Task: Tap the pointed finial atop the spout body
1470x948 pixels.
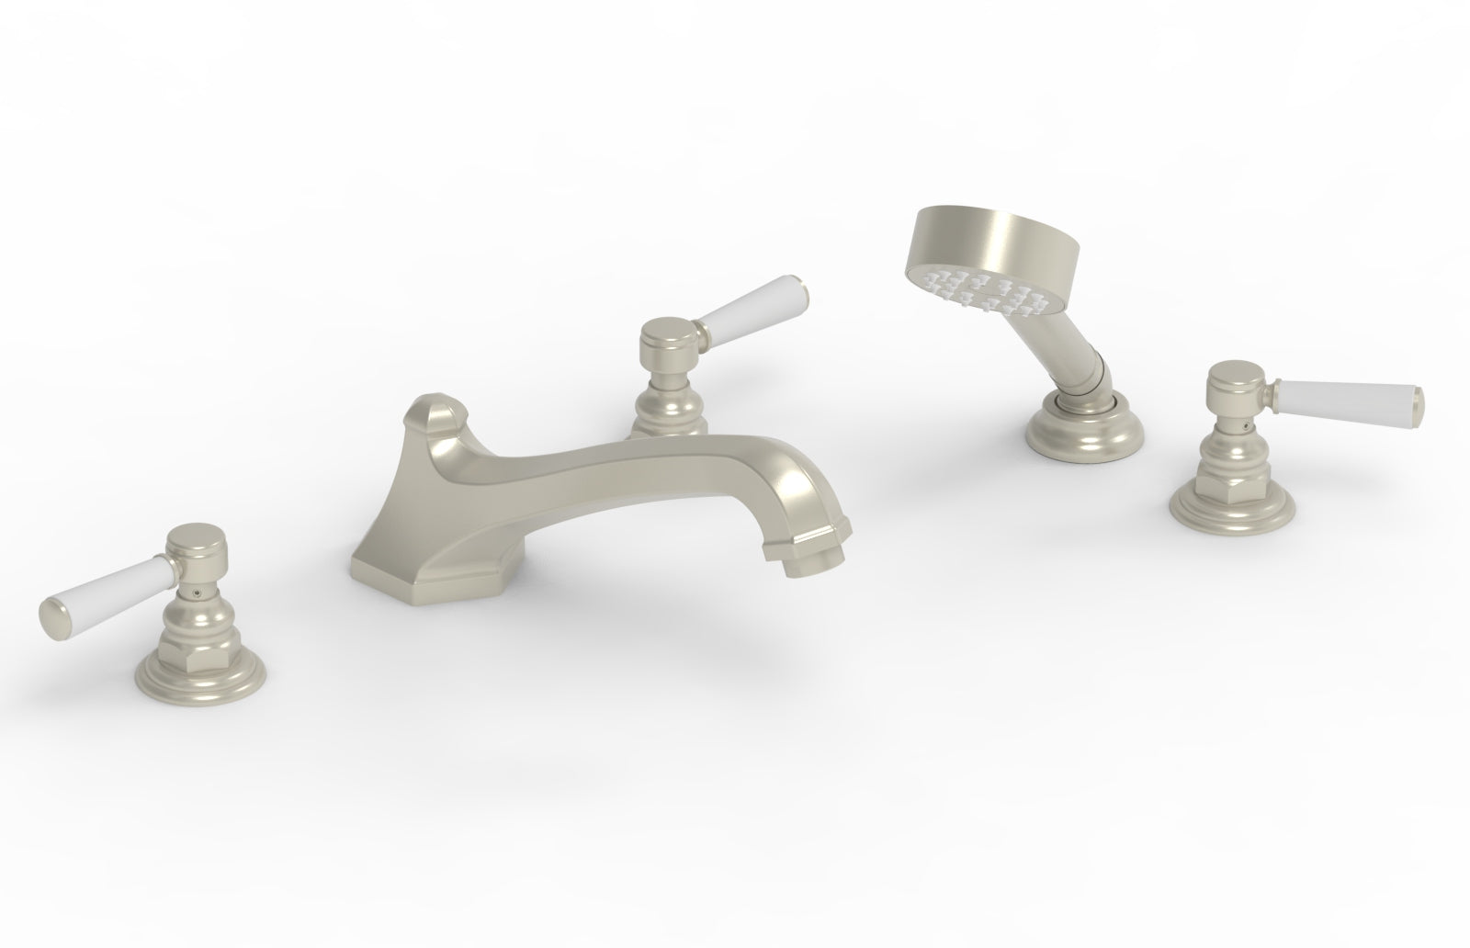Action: [431, 410]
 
